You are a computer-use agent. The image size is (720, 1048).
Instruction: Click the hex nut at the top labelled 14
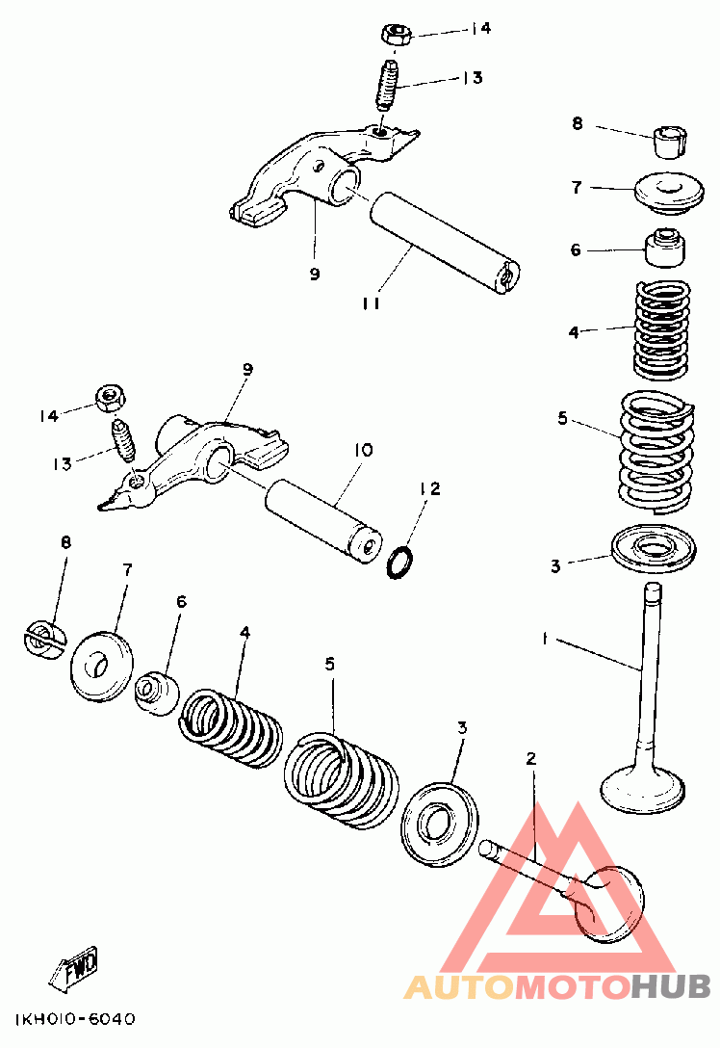coord(396,34)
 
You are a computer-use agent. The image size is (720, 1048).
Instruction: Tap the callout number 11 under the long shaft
coord(372,302)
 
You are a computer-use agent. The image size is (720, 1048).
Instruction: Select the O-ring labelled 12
coord(400,562)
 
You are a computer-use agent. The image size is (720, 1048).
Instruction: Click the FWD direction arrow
coord(74,965)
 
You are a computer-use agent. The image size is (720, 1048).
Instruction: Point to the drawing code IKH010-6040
coord(74,1018)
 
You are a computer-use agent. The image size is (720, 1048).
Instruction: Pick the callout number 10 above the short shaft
coord(362,450)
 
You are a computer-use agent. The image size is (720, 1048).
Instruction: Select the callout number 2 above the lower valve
coord(531,759)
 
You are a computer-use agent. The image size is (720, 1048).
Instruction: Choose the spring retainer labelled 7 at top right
coord(669,194)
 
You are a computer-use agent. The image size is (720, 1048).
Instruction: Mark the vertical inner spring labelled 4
coord(661,330)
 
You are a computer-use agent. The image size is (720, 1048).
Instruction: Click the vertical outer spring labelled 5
coord(656,453)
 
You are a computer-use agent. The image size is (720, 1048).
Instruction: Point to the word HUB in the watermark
coord(670,986)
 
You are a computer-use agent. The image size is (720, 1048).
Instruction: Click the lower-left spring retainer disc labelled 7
coord(101,666)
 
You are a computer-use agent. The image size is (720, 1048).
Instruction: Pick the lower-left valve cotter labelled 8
coord(44,640)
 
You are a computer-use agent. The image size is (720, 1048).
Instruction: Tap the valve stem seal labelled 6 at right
coord(664,248)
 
